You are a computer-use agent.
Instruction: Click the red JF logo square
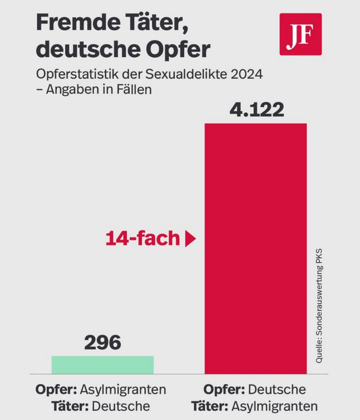coord(300,34)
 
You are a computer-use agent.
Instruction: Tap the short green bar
coord(102,364)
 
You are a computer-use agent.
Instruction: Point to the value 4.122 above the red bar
coord(257,109)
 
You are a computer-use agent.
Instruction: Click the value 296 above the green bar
coord(102,342)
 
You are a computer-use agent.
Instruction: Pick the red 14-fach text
coord(142,239)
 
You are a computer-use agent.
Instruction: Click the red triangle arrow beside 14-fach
coord(190,239)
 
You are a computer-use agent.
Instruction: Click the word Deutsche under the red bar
coord(278,389)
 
